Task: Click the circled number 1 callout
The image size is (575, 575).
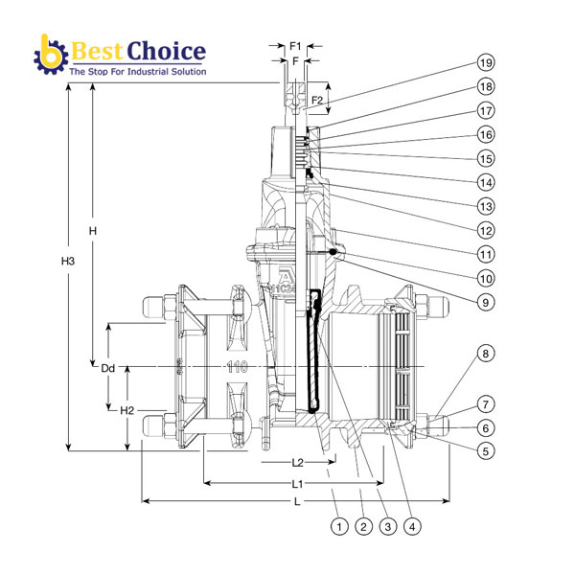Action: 337,526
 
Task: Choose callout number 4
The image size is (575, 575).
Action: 412,526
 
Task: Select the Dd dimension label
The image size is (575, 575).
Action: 109,367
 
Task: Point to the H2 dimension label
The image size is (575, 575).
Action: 127,410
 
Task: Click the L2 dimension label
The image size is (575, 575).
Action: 298,463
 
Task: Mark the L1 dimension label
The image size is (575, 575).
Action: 298,483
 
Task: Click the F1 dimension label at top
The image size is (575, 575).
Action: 296,45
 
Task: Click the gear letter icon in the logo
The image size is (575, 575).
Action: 48,56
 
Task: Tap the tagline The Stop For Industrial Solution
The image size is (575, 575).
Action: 137,71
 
